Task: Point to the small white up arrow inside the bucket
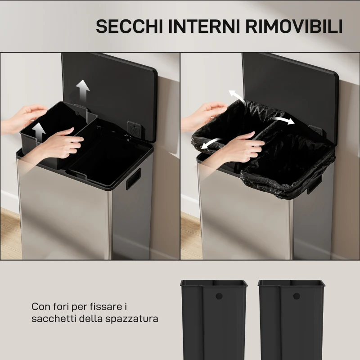(x=39, y=131)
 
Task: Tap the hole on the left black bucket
(x=220, y=297)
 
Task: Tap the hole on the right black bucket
(x=297, y=296)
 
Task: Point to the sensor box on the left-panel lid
(x=134, y=128)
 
